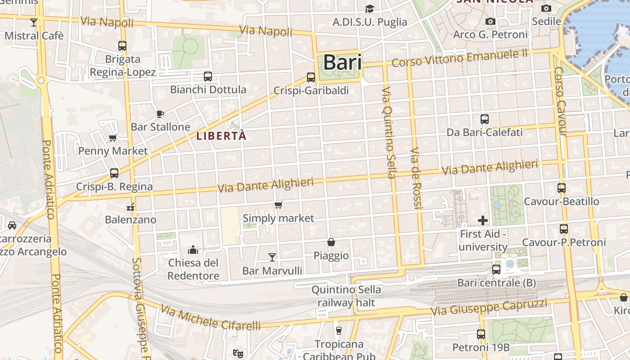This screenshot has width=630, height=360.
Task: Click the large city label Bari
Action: tap(342, 63)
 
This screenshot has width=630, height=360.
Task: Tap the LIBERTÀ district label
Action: tap(222, 136)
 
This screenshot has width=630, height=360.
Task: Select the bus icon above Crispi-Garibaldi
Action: tap(311, 77)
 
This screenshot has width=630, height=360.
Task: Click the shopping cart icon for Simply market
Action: tap(278, 205)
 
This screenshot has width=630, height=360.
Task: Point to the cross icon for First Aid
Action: tap(483, 220)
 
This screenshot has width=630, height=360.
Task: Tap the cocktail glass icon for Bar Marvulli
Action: tap(272, 257)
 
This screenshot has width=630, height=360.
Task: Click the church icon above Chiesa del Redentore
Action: tap(193, 249)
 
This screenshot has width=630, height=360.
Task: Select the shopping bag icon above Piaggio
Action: tap(331, 242)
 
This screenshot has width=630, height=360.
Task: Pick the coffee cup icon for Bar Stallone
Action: tap(160, 114)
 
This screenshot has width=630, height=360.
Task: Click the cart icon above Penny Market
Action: tap(112, 138)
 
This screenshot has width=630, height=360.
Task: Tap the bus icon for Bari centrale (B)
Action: tap(496, 270)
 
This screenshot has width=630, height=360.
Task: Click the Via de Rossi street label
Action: tap(416, 178)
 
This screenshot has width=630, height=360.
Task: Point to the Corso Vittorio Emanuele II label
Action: tap(459, 58)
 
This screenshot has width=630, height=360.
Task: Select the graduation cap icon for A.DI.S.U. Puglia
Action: tap(369, 9)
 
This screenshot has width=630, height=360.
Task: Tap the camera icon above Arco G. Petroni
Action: tap(490, 21)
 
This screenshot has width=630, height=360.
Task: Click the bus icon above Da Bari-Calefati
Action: tap(485, 119)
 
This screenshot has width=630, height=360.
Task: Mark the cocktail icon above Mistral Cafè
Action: tap(34, 22)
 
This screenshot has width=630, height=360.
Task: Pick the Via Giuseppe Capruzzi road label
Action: tap(489, 307)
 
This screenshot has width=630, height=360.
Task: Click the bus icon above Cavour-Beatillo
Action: tap(561, 188)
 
